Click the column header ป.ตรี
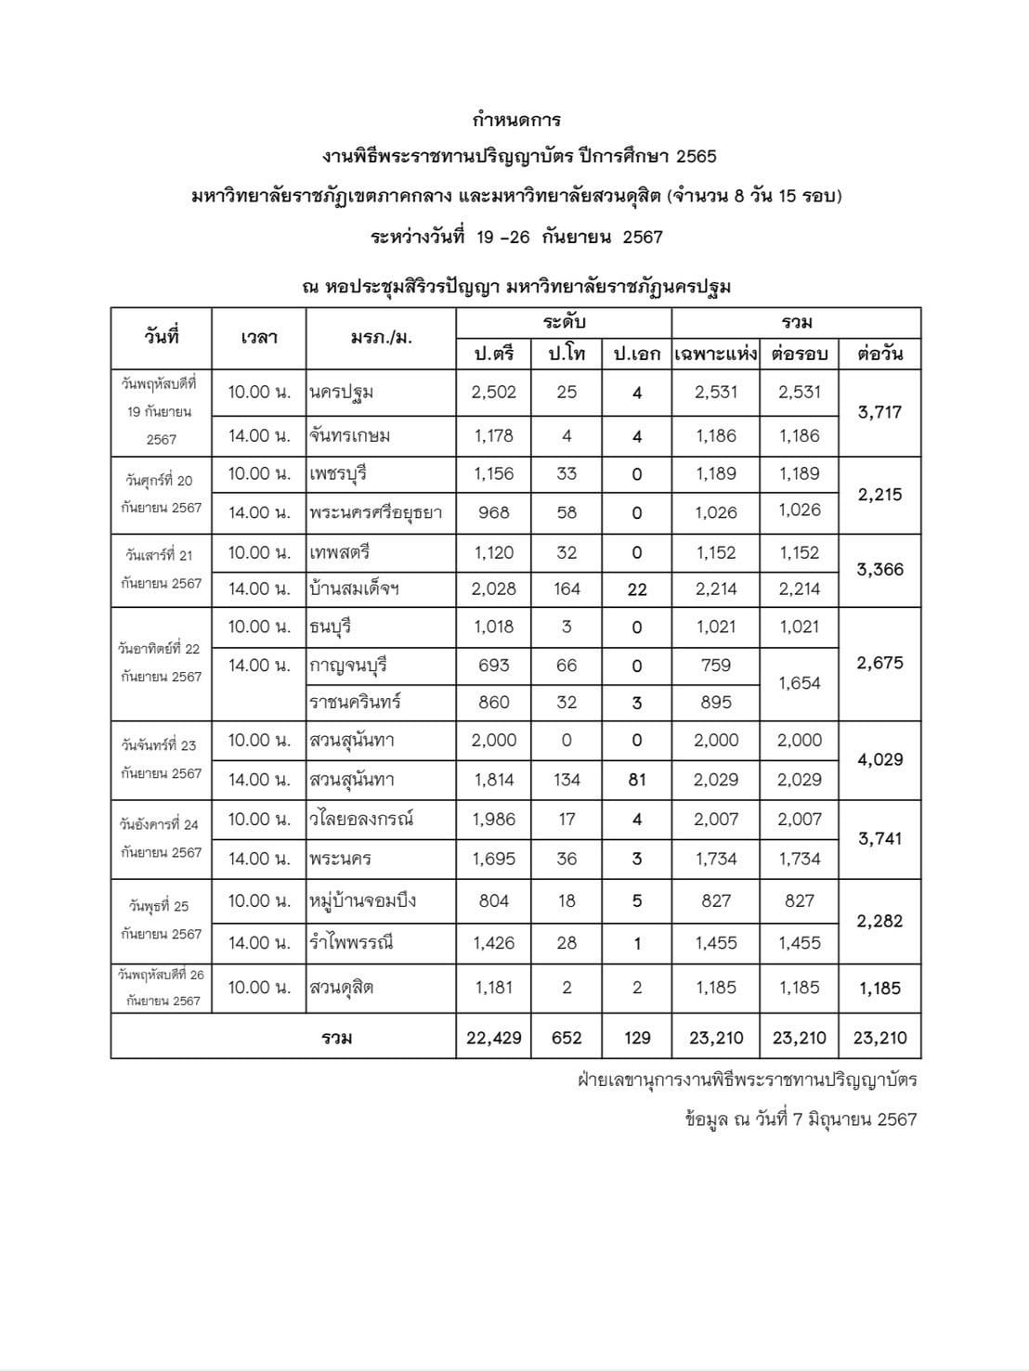tap(493, 354)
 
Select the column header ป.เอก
tap(637, 354)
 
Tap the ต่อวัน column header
tap(879, 354)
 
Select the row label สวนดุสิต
tap(342, 988)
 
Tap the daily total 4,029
tap(879, 759)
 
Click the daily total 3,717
tap(879, 412)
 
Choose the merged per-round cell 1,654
tap(800, 683)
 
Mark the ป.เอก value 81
tap(637, 780)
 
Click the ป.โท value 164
tap(567, 588)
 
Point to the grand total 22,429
tap(493, 1038)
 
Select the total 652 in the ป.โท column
tap(567, 1038)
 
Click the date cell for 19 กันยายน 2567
tap(161, 411)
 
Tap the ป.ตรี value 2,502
tap(493, 392)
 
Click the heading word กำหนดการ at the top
tap(516, 120)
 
